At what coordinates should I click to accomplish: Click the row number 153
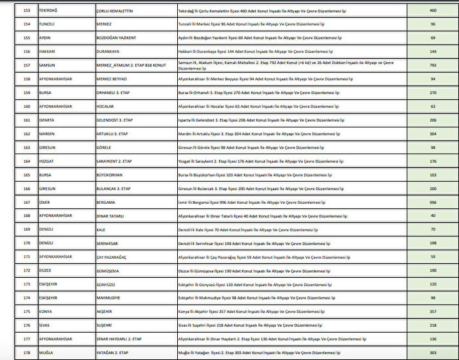[x=27, y=10]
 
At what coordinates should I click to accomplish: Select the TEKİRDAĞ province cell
[x=50, y=10]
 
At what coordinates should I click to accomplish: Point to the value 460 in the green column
[x=432, y=10]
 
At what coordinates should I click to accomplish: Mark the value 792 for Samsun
[x=432, y=65]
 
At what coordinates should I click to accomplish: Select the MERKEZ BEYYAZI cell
[x=112, y=78]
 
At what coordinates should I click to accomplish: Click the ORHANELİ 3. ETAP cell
[x=113, y=92]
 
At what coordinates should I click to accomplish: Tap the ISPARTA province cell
[x=48, y=120]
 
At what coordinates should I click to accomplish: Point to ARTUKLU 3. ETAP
[x=113, y=134]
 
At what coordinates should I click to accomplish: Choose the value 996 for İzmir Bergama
[x=432, y=202]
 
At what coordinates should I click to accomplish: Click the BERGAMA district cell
[x=105, y=202]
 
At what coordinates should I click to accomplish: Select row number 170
[x=27, y=243]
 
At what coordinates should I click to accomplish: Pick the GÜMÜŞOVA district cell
[x=108, y=270]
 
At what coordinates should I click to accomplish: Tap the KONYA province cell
[x=47, y=312]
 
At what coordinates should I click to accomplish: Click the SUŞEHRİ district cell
[x=106, y=325]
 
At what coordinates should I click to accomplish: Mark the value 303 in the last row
[x=432, y=352]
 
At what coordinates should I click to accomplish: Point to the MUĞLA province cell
[x=47, y=352]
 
